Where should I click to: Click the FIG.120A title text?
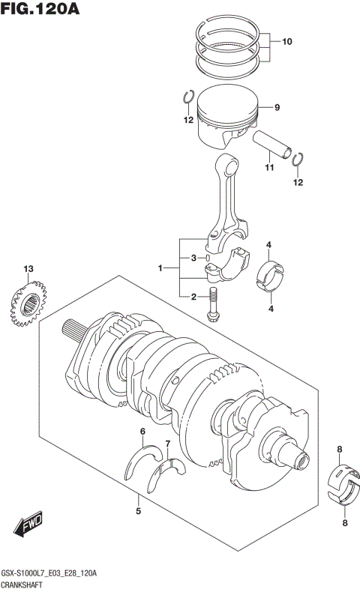40,10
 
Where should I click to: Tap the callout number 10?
287,42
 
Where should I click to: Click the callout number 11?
266,168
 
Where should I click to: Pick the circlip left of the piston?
189,97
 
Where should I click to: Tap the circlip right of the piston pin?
298,159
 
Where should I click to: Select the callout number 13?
28,269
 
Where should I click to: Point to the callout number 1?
160,268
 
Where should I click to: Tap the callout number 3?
193,259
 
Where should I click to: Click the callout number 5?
138,512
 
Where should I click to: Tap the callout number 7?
168,444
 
